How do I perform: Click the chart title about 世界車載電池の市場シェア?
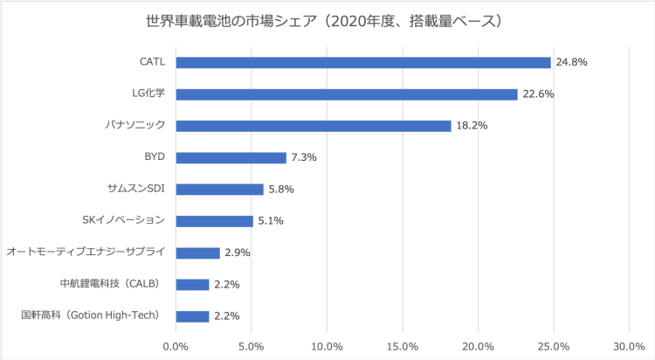tap(327, 19)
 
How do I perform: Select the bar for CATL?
tap(363, 62)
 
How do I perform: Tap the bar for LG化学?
tap(347, 94)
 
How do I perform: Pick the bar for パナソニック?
tap(314, 126)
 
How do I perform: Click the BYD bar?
tap(231, 157)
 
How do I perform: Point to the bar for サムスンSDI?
tap(220, 189)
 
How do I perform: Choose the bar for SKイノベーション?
tap(215, 221)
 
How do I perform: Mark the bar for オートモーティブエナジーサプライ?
tap(198, 253)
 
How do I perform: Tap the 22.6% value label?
tap(539, 94)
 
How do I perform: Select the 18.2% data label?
tap(472, 126)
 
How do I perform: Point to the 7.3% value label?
tap(304, 157)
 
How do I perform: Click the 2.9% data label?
tap(238, 253)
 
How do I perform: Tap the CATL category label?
tap(152, 62)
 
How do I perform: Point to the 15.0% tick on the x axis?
tap(403, 346)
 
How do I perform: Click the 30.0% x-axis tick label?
tap(629, 346)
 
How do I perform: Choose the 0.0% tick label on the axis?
tap(176, 346)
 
